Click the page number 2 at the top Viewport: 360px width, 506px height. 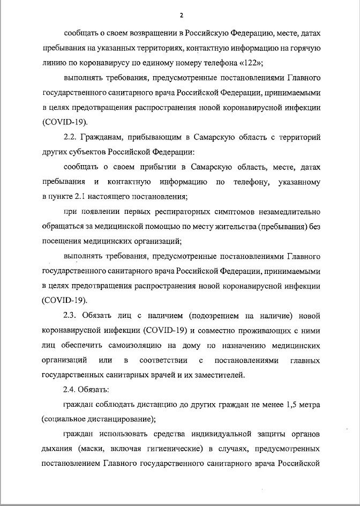[181, 14]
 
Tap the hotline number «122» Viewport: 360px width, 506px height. [248, 62]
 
